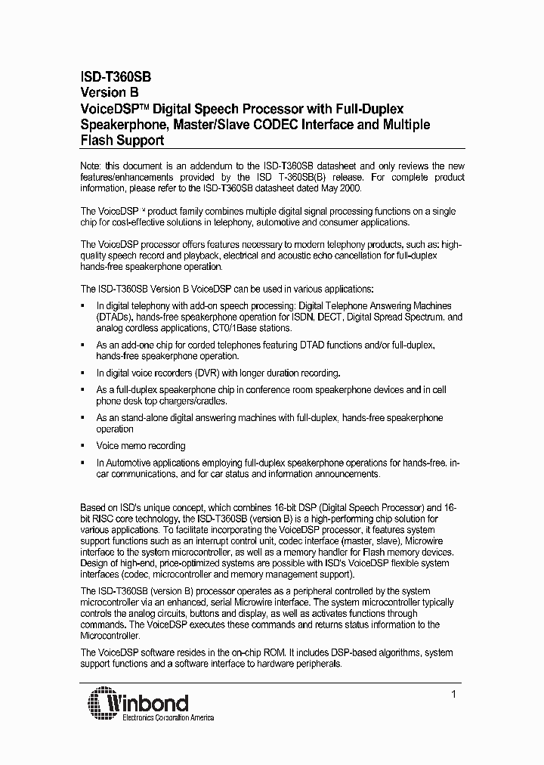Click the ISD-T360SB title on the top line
116,77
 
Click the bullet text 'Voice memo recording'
141,446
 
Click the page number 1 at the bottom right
453,693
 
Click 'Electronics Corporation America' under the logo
168,718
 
